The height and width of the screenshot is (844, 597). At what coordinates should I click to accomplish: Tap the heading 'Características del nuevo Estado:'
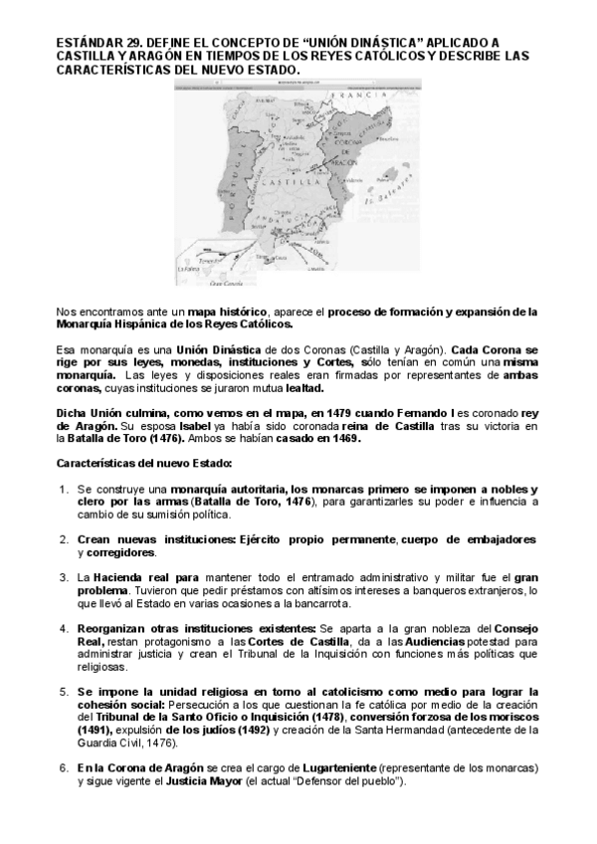pos(143,464)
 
